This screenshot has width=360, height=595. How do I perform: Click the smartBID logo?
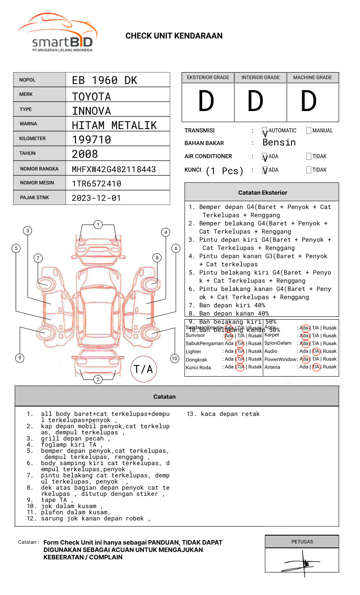click(57, 33)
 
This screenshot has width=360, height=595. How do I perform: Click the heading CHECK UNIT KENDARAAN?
click(174, 36)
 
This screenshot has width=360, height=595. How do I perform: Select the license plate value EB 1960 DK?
click(105, 80)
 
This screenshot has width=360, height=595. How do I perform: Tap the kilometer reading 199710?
click(91, 140)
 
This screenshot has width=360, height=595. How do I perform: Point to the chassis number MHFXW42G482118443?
click(114, 169)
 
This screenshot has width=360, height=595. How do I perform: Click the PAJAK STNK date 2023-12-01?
click(96, 198)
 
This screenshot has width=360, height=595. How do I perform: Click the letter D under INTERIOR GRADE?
click(255, 102)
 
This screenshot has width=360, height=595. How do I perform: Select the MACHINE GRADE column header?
click(312, 77)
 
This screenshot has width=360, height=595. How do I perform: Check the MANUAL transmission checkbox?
click(309, 131)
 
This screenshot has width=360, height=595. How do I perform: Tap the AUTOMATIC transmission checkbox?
click(265, 131)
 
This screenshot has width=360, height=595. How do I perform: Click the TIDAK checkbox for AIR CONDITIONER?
click(309, 157)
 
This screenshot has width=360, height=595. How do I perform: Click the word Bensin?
click(279, 143)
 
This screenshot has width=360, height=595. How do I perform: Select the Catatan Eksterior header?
click(262, 193)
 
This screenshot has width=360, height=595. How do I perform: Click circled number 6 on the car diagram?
click(176, 248)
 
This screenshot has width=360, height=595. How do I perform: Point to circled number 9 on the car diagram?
click(20, 358)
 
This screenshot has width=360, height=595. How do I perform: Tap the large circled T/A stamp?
click(144, 369)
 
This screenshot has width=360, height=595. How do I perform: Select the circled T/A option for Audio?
click(316, 351)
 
